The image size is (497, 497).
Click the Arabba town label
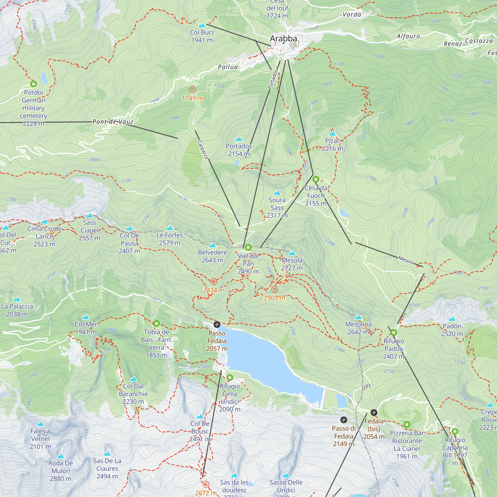point(283,39)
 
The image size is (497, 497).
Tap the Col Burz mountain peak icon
point(202,25)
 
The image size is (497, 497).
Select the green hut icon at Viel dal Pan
point(248,248)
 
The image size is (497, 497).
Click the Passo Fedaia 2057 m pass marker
point(217,324)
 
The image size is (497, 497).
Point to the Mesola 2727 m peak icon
point(292,253)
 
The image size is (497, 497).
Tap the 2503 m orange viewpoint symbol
point(275,290)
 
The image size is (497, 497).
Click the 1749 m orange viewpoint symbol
point(192,90)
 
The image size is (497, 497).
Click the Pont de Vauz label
point(113,122)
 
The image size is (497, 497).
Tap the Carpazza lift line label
point(203,150)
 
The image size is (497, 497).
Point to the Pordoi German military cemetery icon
point(34,84)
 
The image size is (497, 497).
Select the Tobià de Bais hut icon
point(156,323)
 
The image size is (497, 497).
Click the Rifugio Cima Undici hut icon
point(230,377)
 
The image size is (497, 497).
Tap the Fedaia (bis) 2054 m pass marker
point(374,413)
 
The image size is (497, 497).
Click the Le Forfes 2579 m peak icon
point(169,228)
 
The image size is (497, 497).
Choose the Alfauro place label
point(408,36)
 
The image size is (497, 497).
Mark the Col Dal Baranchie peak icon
point(133,379)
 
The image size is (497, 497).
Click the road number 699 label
point(366,387)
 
